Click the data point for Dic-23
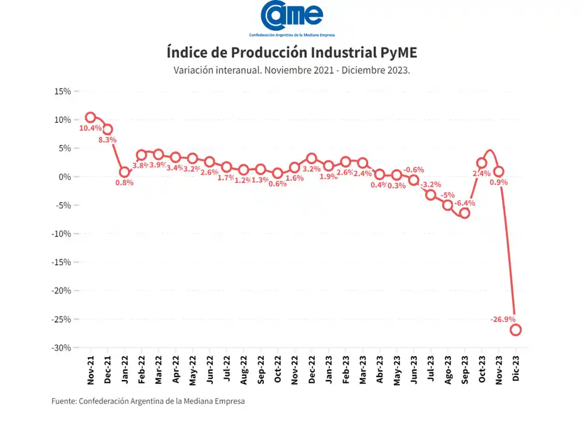516,330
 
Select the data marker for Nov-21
91,117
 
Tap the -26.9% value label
503,319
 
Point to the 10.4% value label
91,128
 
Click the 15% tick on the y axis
63,92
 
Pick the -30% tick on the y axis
61,348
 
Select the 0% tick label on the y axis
64,177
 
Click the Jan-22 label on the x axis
125,369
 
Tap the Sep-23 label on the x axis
465,369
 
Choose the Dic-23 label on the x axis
516,369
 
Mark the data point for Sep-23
465,213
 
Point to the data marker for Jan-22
125,172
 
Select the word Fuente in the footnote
64,401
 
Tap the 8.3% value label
108,140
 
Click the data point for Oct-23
482,163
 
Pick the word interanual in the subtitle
237,71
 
